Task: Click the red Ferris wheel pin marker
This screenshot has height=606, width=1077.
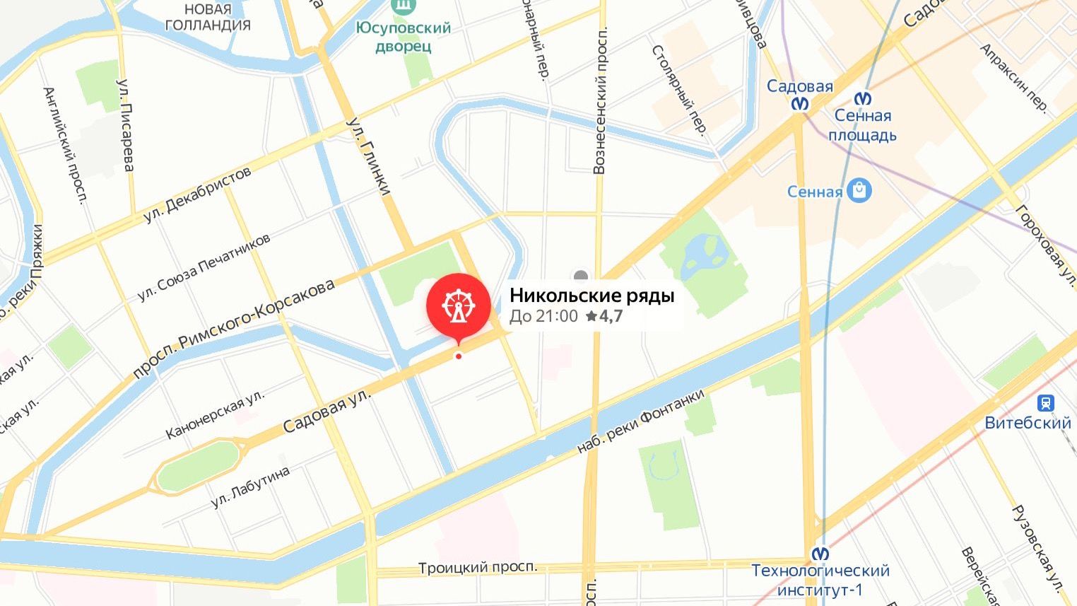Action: click(x=458, y=305)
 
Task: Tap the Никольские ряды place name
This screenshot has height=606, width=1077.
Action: click(x=592, y=295)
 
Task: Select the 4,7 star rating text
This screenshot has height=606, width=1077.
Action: click(x=605, y=316)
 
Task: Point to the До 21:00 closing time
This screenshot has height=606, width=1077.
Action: click(x=543, y=316)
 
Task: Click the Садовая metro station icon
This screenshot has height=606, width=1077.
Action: click(x=800, y=104)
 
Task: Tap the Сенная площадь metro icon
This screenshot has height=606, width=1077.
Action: click(x=863, y=98)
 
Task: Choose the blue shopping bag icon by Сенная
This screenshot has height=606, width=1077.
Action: click(x=859, y=190)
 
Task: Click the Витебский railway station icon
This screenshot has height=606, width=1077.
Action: click(x=1045, y=403)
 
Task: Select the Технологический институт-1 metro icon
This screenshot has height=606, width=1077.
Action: click(x=820, y=553)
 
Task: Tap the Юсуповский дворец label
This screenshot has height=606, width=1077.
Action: click(x=403, y=37)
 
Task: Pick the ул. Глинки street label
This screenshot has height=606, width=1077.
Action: click(x=368, y=156)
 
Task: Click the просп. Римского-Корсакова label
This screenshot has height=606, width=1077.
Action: click(x=234, y=330)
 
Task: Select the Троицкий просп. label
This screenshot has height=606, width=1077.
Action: click(x=477, y=567)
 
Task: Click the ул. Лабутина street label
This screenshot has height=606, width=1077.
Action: click(x=251, y=487)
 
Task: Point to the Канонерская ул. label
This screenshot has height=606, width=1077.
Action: click(x=215, y=414)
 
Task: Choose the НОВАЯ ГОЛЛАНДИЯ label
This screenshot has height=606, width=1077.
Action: click(x=208, y=17)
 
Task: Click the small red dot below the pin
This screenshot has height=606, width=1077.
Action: click(x=459, y=356)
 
